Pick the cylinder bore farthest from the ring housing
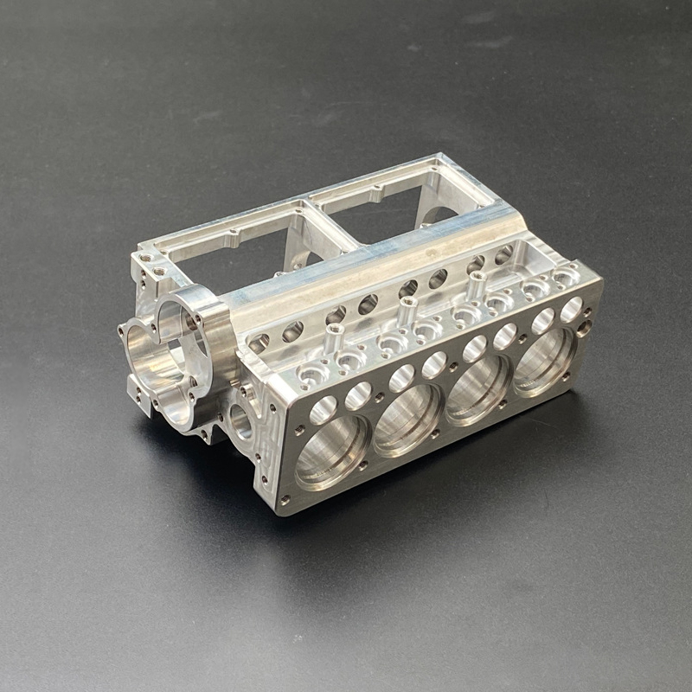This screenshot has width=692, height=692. (544, 356)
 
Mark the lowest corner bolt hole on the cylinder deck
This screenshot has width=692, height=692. (285, 499)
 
